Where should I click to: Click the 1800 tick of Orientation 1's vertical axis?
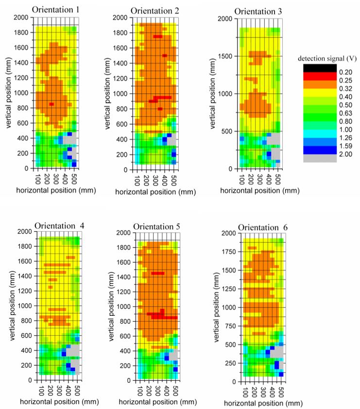coord(23,33)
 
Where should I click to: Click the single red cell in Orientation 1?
coord(51,103)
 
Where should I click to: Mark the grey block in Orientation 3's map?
coord(274,139)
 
